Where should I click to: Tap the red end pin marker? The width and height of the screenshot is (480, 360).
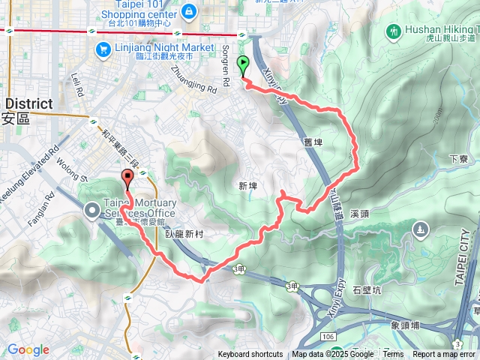point(127,179)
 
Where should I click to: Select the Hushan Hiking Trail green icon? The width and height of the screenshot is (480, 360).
point(394,31)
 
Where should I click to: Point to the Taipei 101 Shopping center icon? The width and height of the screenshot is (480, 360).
point(190,11)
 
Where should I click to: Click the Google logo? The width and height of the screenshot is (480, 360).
point(28,349)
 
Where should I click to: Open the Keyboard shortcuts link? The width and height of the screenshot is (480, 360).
point(250,355)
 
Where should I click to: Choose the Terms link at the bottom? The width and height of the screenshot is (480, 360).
point(393,355)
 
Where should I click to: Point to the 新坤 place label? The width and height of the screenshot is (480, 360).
point(247,184)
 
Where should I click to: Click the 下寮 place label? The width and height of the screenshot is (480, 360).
point(458,159)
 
